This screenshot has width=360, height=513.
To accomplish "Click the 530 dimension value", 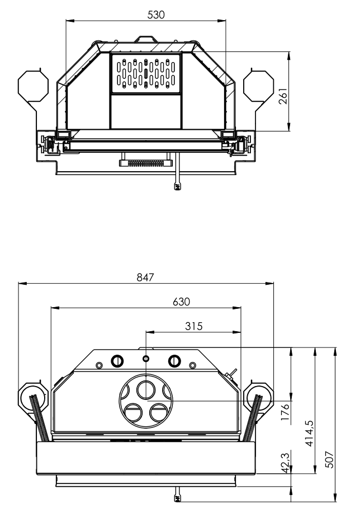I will pyautogui.click(x=156, y=15).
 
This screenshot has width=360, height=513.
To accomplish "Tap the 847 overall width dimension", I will pyautogui.click(x=146, y=277).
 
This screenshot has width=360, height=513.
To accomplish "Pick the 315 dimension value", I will pyautogui.click(x=193, y=325).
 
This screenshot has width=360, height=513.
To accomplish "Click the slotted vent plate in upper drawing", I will pyautogui.click(x=145, y=73).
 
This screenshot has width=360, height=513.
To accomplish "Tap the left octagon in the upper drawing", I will pyautogui.click(x=32, y=86).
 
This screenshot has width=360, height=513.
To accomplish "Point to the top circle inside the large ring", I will pyautogui.click(x=146, y=388).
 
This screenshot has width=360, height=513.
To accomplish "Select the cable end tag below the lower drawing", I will pyautogui.click(x=177, y=497).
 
